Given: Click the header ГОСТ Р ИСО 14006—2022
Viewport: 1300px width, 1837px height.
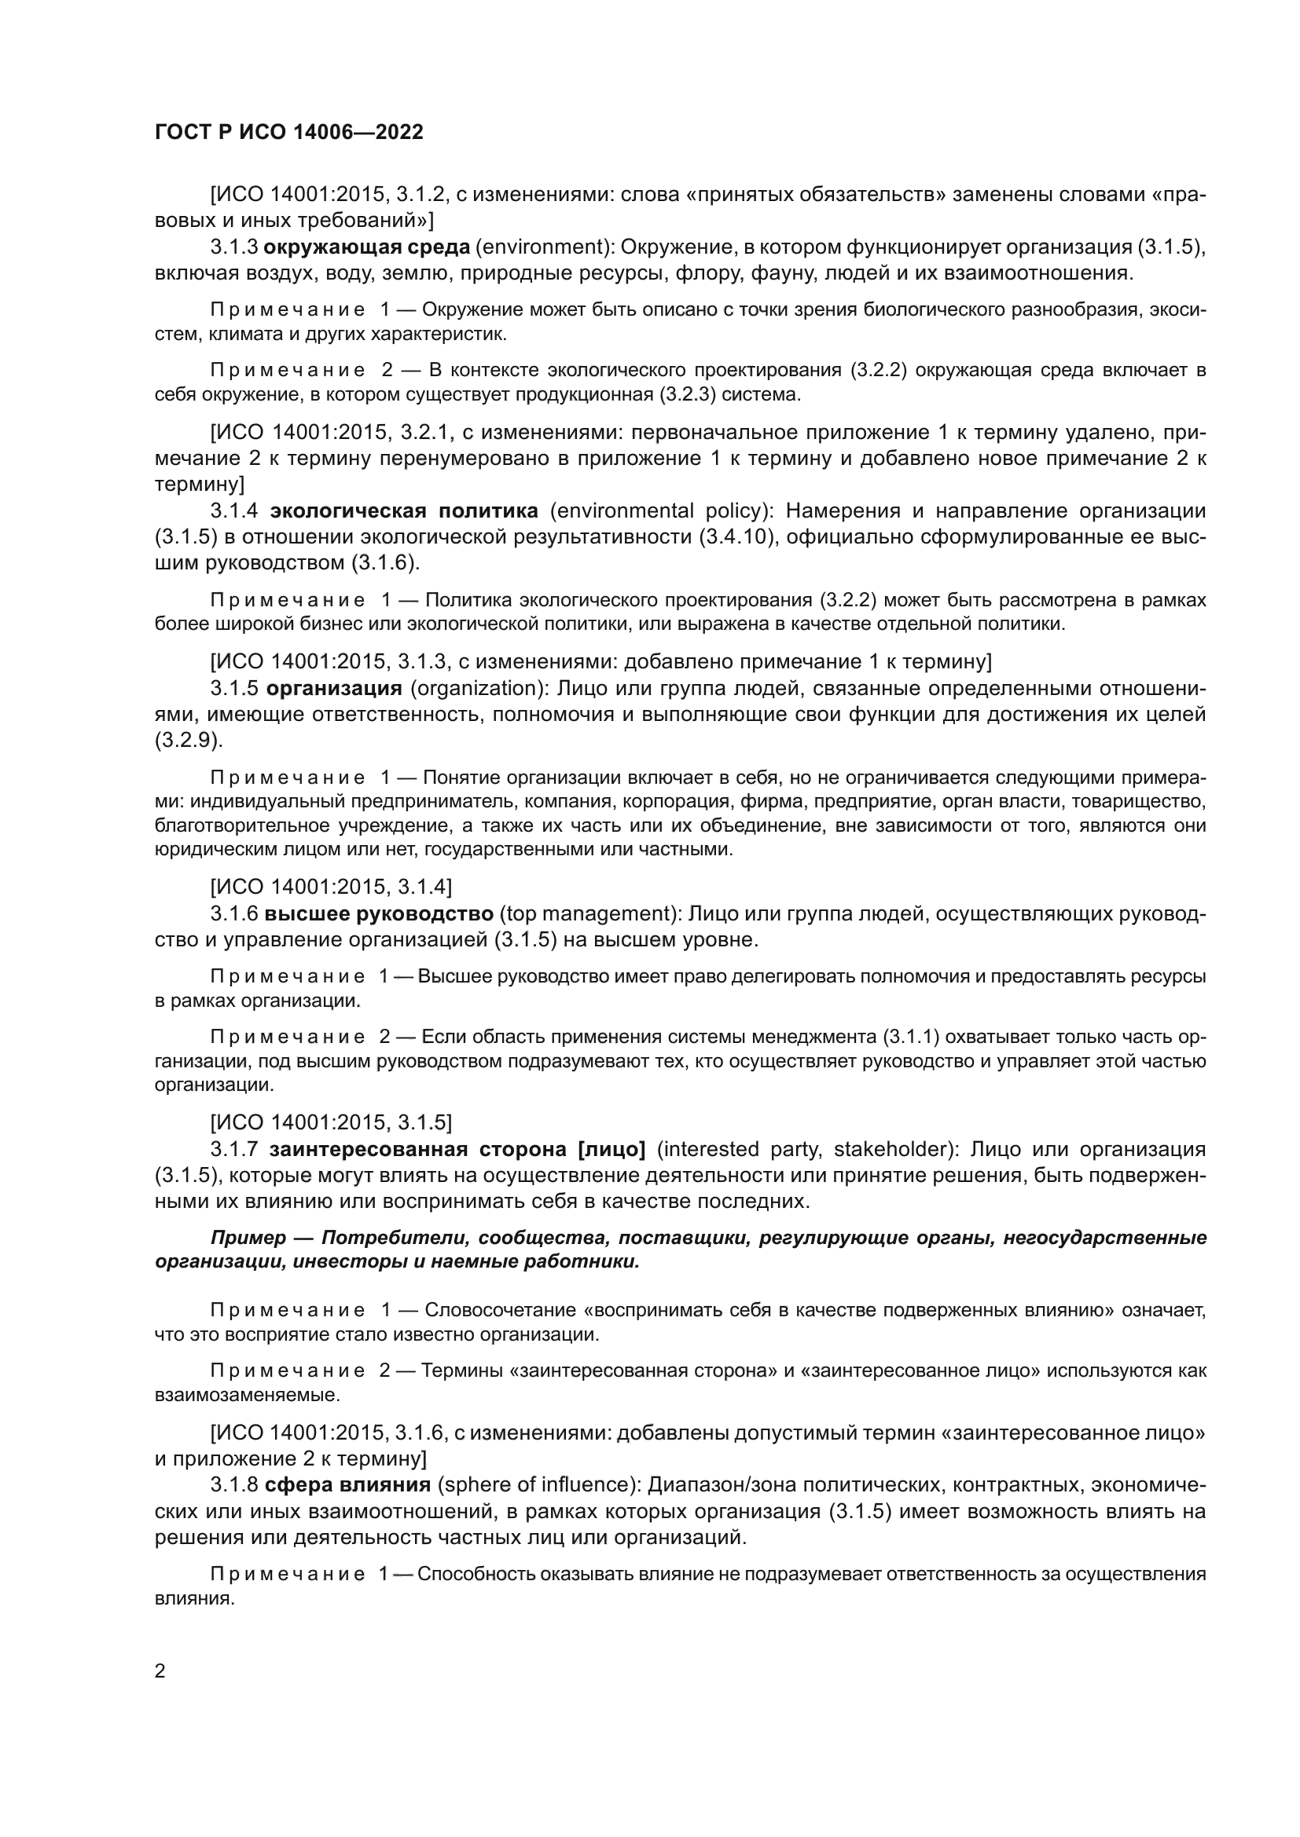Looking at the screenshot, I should [289, 132].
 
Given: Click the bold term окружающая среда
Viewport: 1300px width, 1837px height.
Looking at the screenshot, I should [366, 247].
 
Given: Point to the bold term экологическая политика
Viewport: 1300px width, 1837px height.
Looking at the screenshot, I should [404, 510].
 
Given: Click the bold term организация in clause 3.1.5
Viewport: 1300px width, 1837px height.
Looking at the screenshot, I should [334, 688].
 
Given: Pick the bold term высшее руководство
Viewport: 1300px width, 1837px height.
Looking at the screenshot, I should [379, 913].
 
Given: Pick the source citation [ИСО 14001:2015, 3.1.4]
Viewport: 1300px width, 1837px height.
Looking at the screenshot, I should [331, 887].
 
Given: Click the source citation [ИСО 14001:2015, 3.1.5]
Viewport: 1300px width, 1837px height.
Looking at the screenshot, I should [331, 1122].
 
